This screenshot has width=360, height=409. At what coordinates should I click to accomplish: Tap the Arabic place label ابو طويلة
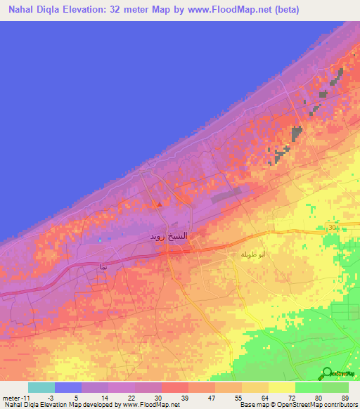(252, 254)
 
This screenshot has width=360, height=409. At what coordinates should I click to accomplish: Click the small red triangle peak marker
(159, 204)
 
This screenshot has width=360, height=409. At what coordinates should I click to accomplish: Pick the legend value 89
(344, 397)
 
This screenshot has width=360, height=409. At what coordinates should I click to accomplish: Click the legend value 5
(75, 397)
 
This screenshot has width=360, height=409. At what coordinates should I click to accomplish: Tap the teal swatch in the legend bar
(41, 387)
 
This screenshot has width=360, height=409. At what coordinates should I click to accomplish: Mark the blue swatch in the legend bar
(68, 387)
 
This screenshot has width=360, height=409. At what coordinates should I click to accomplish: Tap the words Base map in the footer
(252, 405)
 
